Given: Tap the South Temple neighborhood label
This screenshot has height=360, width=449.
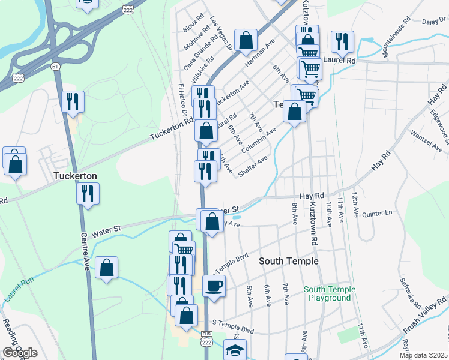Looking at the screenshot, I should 289,262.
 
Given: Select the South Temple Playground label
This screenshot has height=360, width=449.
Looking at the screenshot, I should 329,293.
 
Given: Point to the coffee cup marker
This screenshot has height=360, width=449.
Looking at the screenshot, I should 214,286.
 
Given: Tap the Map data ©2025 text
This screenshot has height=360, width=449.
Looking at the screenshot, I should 423,355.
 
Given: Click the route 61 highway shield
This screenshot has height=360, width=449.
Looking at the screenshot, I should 55,66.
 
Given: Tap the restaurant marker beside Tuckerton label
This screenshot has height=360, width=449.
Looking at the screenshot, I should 88,193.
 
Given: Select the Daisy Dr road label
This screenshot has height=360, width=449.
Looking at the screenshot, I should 435,21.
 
